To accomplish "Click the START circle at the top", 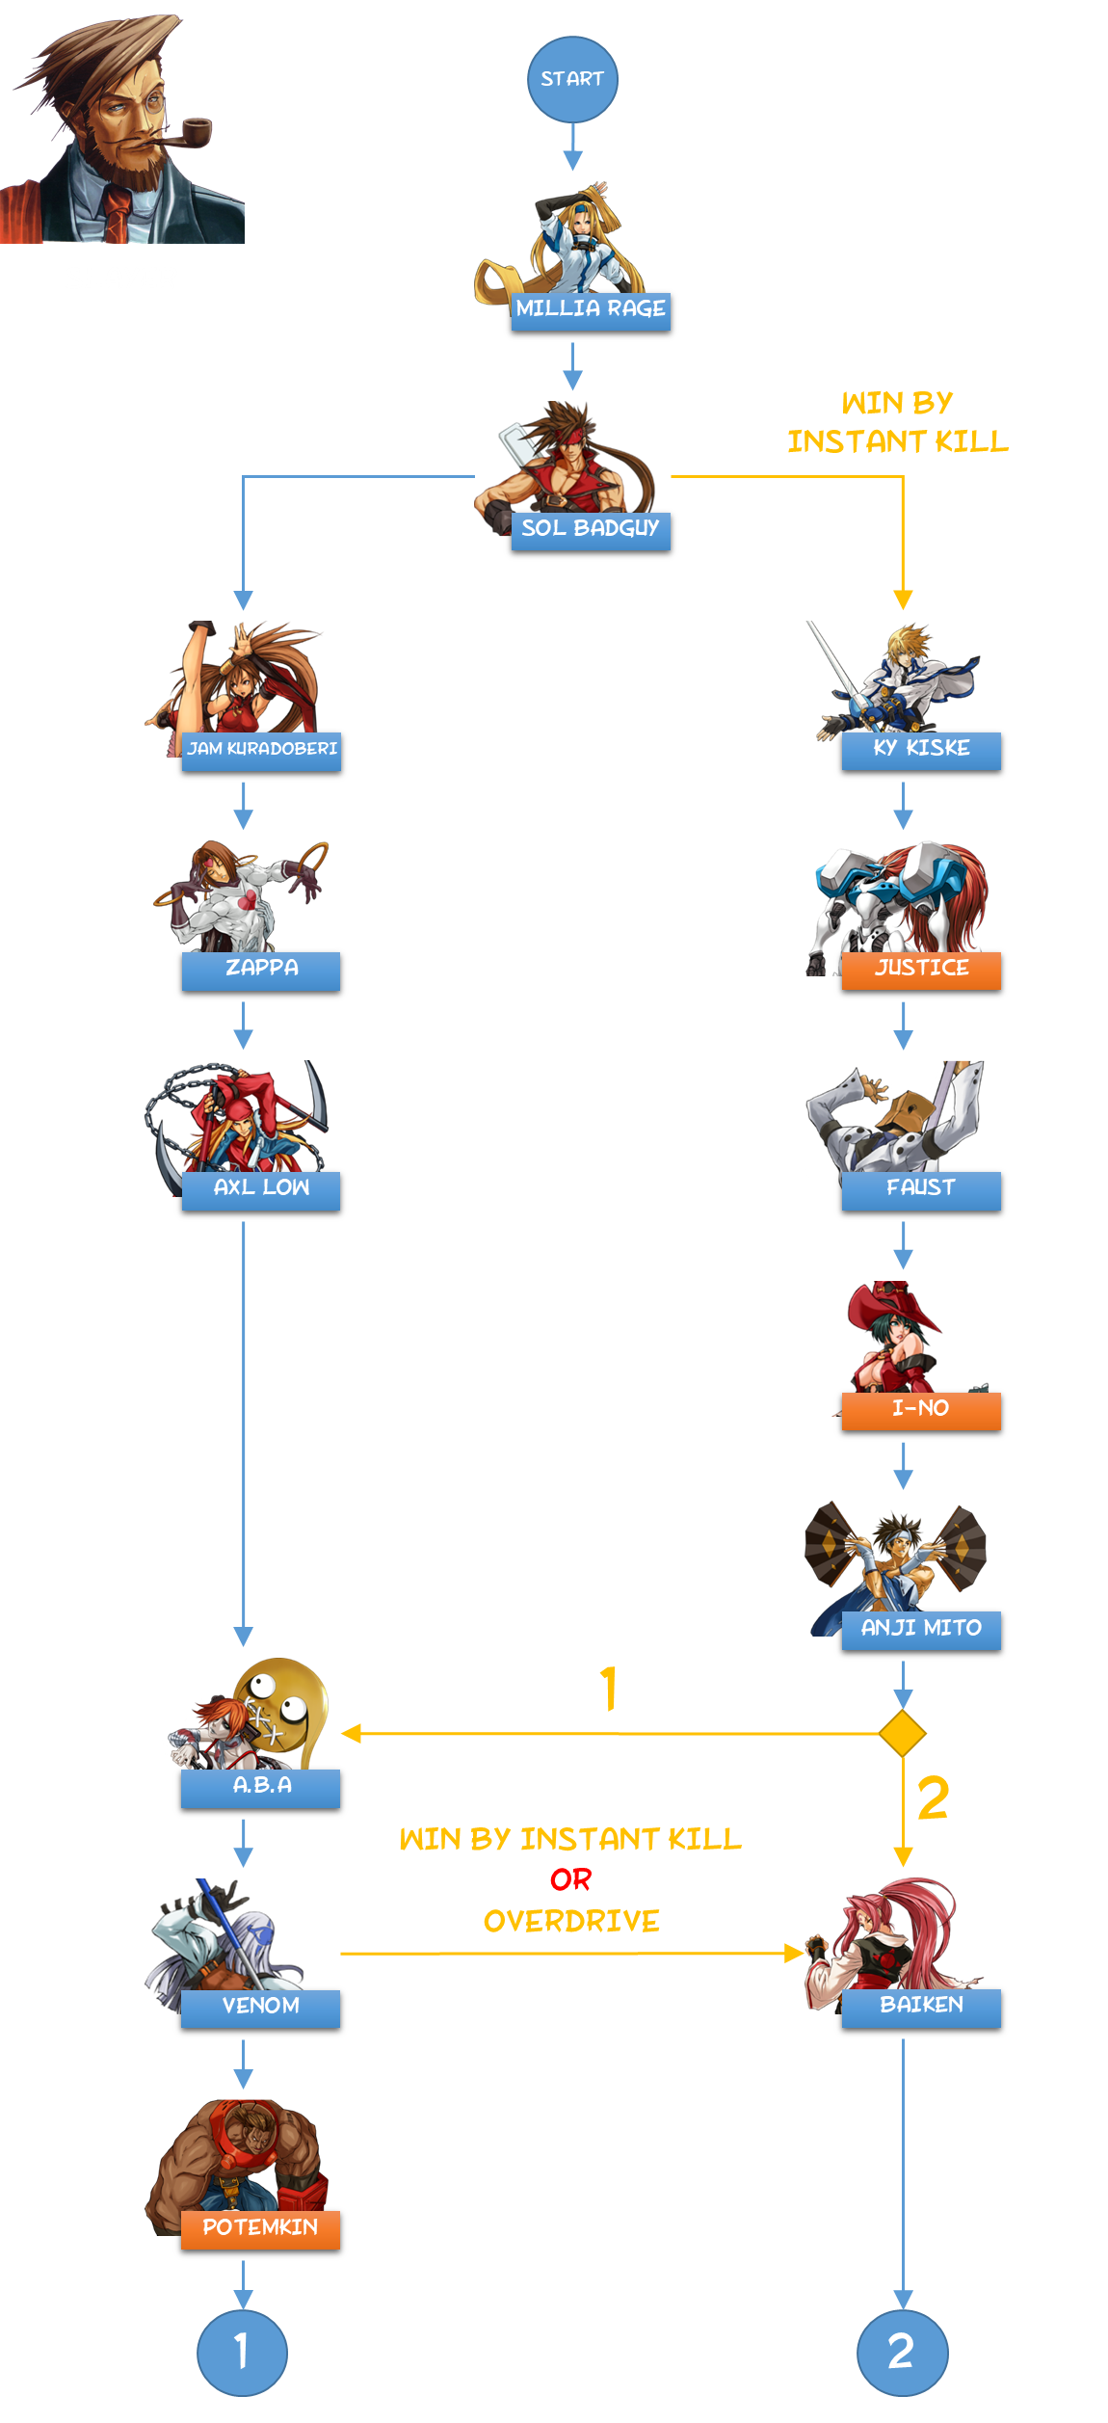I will (572, 79).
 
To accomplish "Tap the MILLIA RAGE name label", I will (591, 310).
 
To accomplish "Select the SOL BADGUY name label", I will (591, 530).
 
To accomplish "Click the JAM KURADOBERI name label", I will (261, 750).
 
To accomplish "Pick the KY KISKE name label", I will (921, 750).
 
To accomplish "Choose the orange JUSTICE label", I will (921, 970).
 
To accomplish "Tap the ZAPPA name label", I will (261, 970).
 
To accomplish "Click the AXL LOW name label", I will (261, 1189).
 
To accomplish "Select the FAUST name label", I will (921, 1189).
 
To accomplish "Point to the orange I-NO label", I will (921, 1410).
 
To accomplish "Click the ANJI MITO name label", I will (921, 1630).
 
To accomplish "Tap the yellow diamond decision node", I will (903, 1734).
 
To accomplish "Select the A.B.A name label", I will (261, 1787).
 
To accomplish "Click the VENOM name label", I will (261, 2008).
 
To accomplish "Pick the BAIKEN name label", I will (921, 2007).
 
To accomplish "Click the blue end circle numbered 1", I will (242, 2352).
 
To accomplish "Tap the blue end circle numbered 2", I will (902, 2352).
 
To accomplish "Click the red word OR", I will (570, 1879).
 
